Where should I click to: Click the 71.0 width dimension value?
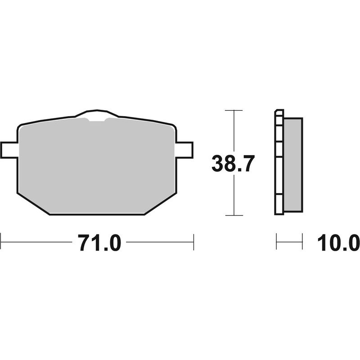point(99,243)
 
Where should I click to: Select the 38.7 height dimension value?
point(234,163)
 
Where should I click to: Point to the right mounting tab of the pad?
point(184,150)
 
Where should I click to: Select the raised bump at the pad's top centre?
point(97,113)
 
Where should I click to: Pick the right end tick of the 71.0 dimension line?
point(193,242)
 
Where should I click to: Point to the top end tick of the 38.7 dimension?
point(234,110)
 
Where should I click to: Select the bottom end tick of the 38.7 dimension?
point(234,215)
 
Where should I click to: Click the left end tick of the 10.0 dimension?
point(276,242)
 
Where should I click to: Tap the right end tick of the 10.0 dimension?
point(302,242)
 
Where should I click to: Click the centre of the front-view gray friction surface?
point(97,166)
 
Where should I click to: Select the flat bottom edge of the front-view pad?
point(97,214)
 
